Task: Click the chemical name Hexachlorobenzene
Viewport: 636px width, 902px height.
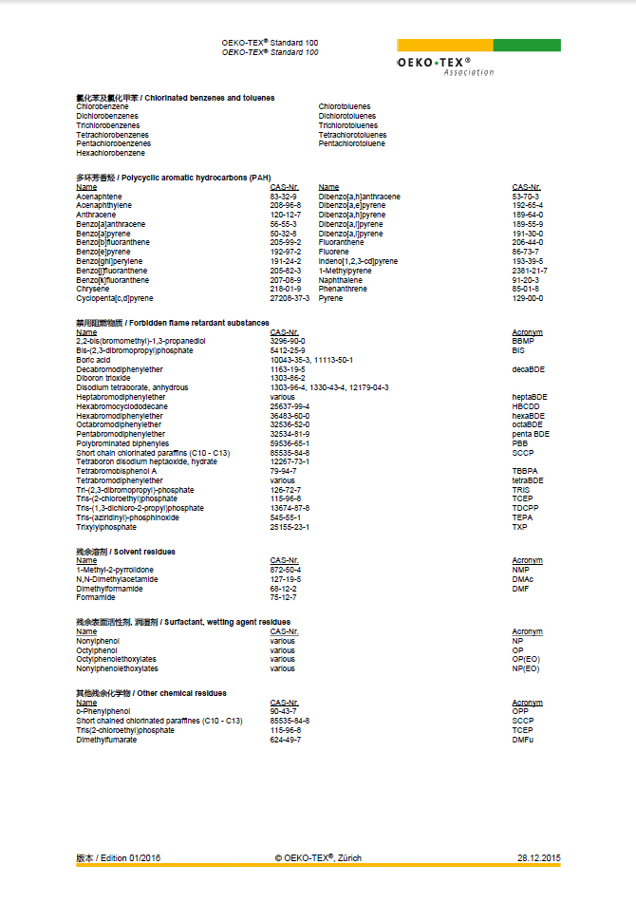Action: [111, 153]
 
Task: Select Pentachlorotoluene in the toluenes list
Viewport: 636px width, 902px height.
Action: [352, 143]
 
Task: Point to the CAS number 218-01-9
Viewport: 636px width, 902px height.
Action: [286, 289]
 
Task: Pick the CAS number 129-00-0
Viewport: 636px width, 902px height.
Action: [528, 298]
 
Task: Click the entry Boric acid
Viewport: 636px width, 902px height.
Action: [95, 360]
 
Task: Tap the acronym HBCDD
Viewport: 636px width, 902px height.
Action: [527, 406]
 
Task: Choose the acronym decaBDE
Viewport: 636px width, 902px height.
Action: [529, 369]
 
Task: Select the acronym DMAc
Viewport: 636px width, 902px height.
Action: [524, 579]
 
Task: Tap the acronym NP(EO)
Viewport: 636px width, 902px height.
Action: [526, 668]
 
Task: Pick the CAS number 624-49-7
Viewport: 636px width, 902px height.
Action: [286, 740]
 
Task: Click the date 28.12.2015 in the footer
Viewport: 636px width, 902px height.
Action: [539, 857]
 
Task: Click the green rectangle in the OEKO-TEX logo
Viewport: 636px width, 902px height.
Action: [527, 46]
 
